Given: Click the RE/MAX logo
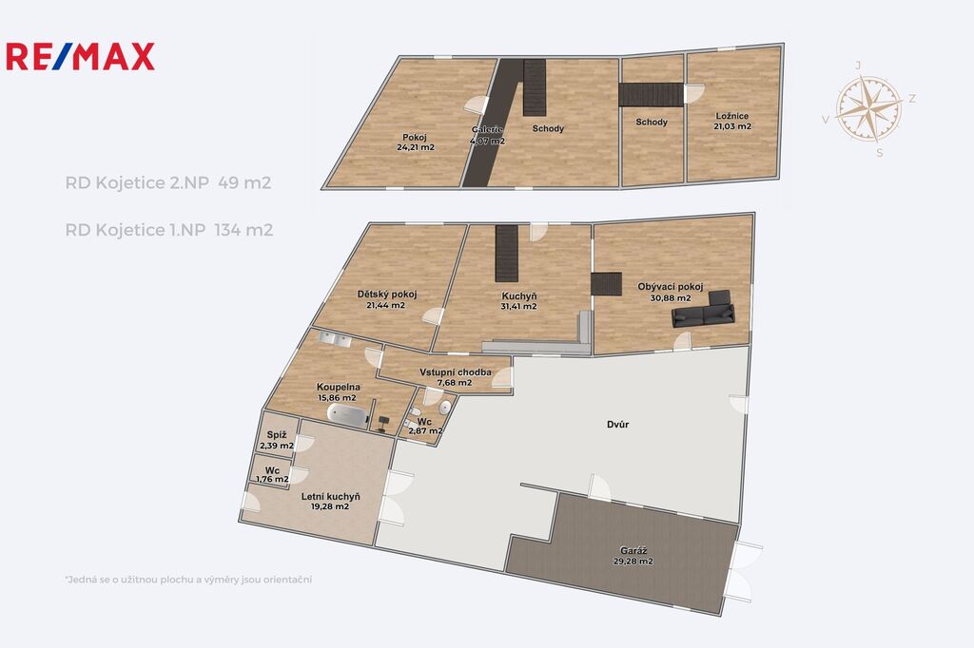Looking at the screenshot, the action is [x=80, y=56].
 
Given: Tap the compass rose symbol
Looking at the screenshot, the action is [x=868, y=108].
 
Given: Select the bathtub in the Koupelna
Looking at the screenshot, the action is [x=348, y=414].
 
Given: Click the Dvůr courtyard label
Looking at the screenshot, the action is [x=618, y=425].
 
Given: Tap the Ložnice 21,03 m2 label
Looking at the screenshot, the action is [x=732, y=121].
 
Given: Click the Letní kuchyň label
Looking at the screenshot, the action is [x=330, y=497].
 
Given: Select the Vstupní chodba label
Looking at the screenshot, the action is [x=456, y=372].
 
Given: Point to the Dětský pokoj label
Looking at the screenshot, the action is [x=386, y=295].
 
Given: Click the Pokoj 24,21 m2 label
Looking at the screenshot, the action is [x=415, y=143].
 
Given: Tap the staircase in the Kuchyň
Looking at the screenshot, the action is [x=506, y=254].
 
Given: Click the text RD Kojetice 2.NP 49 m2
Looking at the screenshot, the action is [x=167, y=183].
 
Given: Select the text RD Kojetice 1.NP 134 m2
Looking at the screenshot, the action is [x=169, y=230].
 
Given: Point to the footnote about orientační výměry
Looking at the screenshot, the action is [x=188, y=580].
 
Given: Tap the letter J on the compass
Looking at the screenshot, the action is [x=859, y=66].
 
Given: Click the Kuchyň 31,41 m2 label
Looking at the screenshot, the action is [x=518, y=301].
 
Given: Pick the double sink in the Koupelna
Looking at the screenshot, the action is [x=335, y=339].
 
